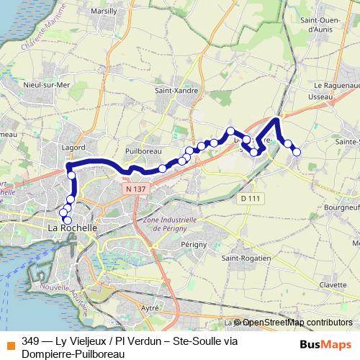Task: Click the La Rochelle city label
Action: [x=71, y=228]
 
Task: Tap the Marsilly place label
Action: [x=106, y=12]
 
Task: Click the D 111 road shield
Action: [x=249, y=197]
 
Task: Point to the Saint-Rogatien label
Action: [x=246, y=258]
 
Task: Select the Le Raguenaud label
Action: [x=332, y=84]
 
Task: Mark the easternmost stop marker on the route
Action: [x=296, y=150]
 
